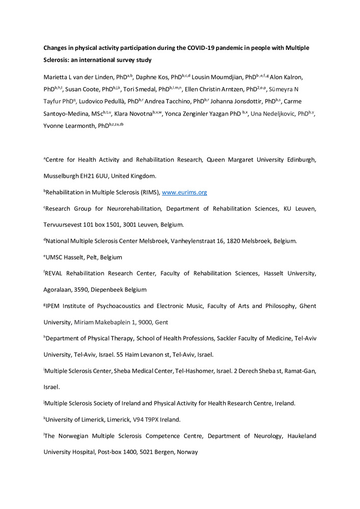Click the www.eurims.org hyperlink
[184, 192]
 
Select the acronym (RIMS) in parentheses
[147, 192]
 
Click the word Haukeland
[298, 436]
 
